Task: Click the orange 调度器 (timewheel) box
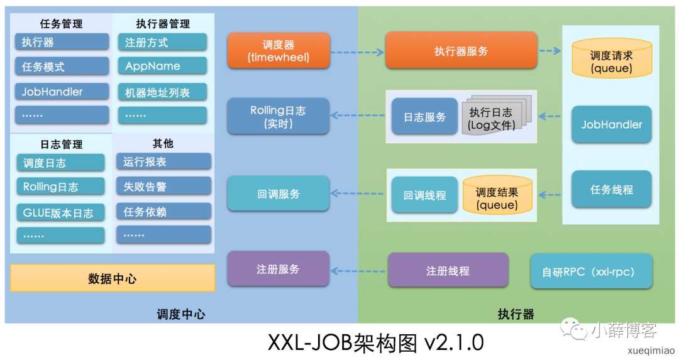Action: pos(279,51)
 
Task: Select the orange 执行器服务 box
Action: pos(461,51)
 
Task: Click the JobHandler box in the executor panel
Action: pos(611,124)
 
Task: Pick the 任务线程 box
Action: pos(611,189)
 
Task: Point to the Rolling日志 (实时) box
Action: pos(278,117)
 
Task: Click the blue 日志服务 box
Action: pos(424,117)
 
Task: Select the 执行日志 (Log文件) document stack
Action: pos(495,117)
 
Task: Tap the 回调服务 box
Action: pos(278,194)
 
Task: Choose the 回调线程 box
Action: pos(424,195)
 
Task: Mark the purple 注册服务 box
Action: pos(278,269)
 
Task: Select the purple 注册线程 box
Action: pos(448,271)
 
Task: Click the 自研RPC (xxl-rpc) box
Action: pos(591,271)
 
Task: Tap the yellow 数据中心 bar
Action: pos(113,278)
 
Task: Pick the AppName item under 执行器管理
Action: pos(162,66)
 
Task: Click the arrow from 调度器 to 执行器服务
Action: pos(357,52)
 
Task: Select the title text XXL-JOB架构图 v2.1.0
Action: pos(375,342)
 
